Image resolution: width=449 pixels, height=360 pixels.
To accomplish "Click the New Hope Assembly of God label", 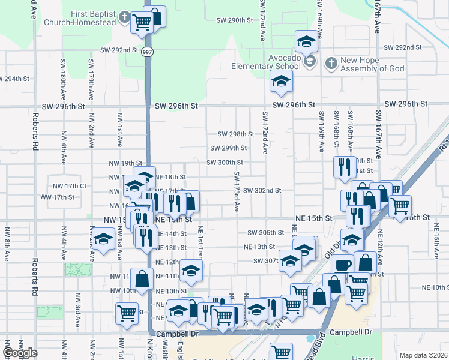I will (x=372, y=64).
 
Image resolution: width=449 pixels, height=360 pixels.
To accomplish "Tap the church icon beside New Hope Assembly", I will (x=331, y=63).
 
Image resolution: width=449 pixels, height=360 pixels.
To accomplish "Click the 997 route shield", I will (x=147, y=52).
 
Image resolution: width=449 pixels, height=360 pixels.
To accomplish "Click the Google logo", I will (x=20, y=353).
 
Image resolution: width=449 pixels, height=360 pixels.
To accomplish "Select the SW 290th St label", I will (x=235, y=20).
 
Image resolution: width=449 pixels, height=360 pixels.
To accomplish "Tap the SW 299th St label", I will (x=229, y=148).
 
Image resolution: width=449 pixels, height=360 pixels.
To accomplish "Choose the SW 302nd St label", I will (x=262, y=191).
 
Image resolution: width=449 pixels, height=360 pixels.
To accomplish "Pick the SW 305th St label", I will (x=266, y=233).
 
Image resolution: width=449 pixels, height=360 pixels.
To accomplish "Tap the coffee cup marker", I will (x=342, y=265).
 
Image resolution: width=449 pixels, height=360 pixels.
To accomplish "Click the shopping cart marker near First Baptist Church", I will (x=142, y=22).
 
